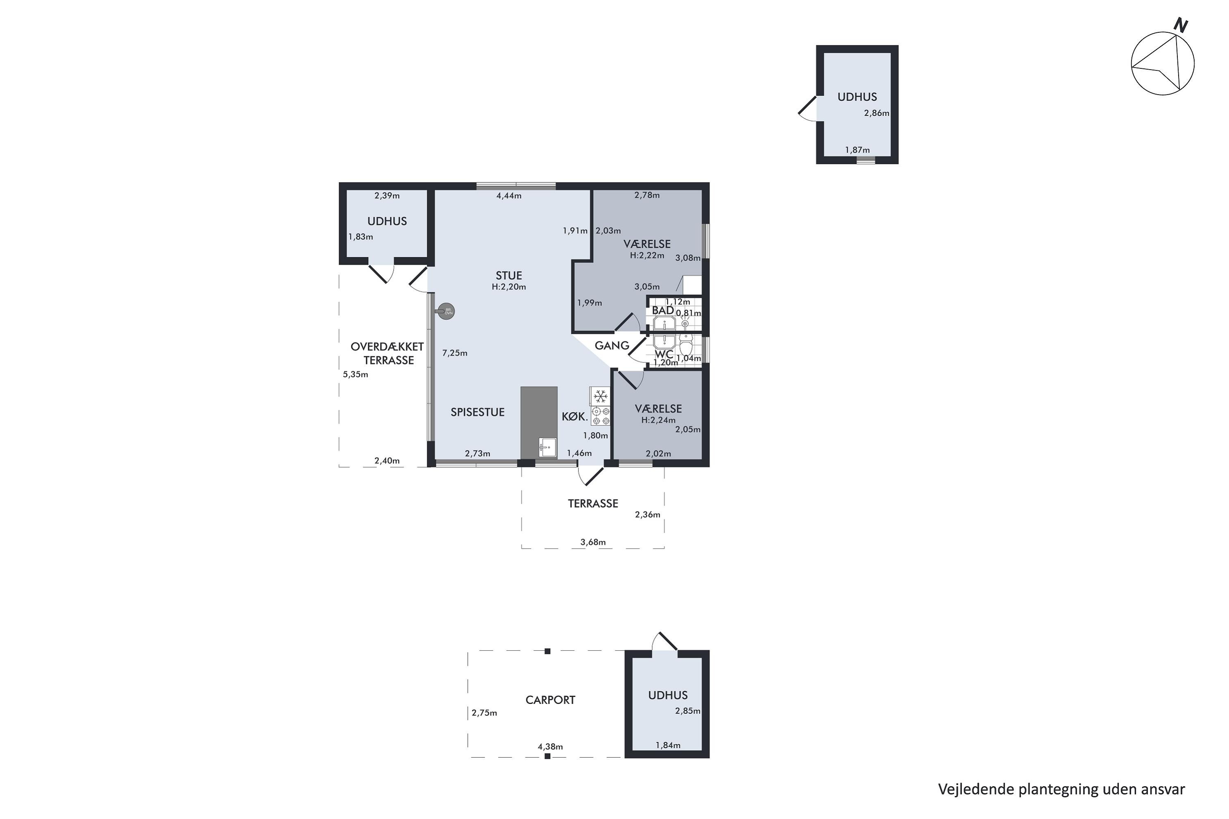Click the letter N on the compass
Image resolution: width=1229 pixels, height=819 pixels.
click(x=1180, y=25)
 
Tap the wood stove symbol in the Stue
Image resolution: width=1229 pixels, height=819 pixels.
click(x=445, y=311)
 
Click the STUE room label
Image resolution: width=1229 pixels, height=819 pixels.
click(x=509, y=276)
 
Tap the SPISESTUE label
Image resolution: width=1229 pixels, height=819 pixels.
click(x=478, y=412)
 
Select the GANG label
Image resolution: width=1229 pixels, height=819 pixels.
click(x=612, y=345)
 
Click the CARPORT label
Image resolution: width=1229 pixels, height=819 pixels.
click(x=550, y=700)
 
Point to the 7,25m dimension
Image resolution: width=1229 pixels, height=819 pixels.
click(x=455, y=353)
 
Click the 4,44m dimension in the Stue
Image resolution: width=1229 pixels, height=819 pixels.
click(x=509, y=196)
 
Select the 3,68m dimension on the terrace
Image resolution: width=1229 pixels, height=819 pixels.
click(x=593, y=542)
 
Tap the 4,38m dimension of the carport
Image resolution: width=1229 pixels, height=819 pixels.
click(x=550, y=747)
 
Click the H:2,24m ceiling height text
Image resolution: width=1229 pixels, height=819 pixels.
click(x=658, y=420)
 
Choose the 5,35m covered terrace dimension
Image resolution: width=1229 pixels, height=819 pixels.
click(x=355, y=375)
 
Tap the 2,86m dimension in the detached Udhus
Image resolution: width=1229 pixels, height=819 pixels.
click(x=876, y=113)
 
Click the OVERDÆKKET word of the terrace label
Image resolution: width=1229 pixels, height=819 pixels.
click(x=387, y=346)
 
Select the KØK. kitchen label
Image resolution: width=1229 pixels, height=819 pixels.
click(x=575, y=416)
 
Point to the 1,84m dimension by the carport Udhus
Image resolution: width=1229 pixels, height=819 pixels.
click(x=668, y=745)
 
